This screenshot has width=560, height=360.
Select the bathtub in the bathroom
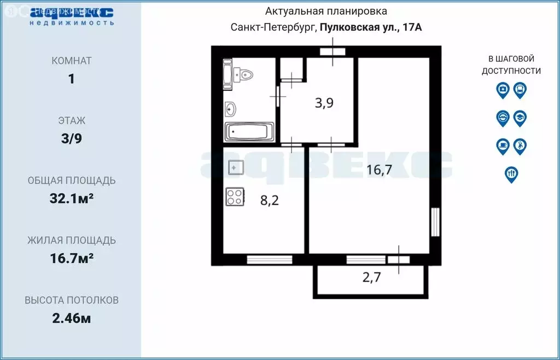(x=249, y=132)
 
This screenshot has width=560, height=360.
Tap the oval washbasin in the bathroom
(x=230, y=109)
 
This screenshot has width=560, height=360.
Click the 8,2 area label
(x=270, y=201)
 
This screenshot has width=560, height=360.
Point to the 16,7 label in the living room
(x=380, y=170)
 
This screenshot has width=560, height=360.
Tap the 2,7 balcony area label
(x=372, y=277)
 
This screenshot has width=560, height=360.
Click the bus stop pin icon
(x=520, y=89)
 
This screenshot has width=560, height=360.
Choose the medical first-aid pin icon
(x=503, y=89)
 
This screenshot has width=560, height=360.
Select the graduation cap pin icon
(x=520, y=118)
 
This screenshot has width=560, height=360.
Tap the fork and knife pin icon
(x=511, y=173)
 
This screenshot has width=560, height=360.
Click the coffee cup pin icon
(x=503, y=146)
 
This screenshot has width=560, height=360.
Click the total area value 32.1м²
(x=71, y=199)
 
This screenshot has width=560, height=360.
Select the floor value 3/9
(x=71, y=138)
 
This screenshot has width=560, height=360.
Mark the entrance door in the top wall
(x=332, y=52)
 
